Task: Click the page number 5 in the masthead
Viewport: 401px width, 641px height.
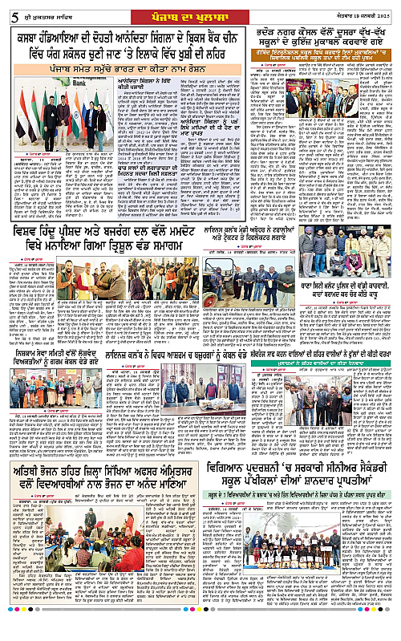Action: [x=7, y=9]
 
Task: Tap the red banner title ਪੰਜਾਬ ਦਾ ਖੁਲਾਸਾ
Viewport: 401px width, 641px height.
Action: [x=200, y=9]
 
